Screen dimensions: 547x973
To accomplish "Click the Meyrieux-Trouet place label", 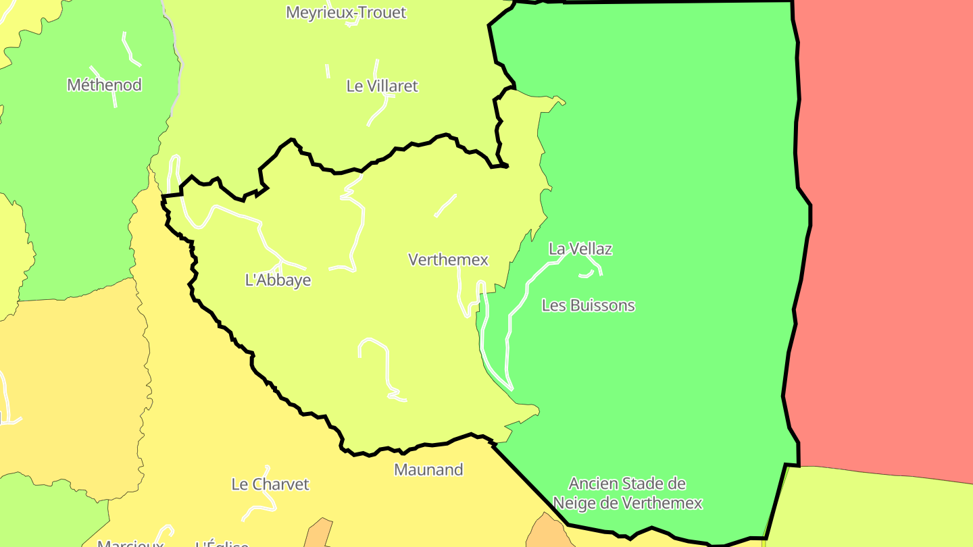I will (346, 12).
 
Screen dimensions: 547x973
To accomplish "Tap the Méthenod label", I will (104, 84).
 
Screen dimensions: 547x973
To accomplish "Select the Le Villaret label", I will (382, 86).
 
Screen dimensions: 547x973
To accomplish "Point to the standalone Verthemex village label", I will (448, 259).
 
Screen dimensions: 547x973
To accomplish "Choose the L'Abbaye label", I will (278, 280).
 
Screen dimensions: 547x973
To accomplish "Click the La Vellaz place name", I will (580, 249).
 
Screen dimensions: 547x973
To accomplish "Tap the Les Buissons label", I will (589, 305).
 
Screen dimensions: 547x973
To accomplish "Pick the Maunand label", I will (428, 469).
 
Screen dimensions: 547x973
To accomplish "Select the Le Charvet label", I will (270, 484).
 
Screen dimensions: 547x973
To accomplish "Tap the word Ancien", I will (591, 484).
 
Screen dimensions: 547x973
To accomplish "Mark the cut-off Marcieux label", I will (130, 543).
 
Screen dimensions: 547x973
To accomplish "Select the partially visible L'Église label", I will (222, 543).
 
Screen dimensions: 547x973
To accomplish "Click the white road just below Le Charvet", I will (260, 504).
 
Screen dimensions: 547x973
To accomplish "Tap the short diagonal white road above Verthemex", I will (445, 206).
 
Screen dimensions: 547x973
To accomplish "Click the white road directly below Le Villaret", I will (378, 111).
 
